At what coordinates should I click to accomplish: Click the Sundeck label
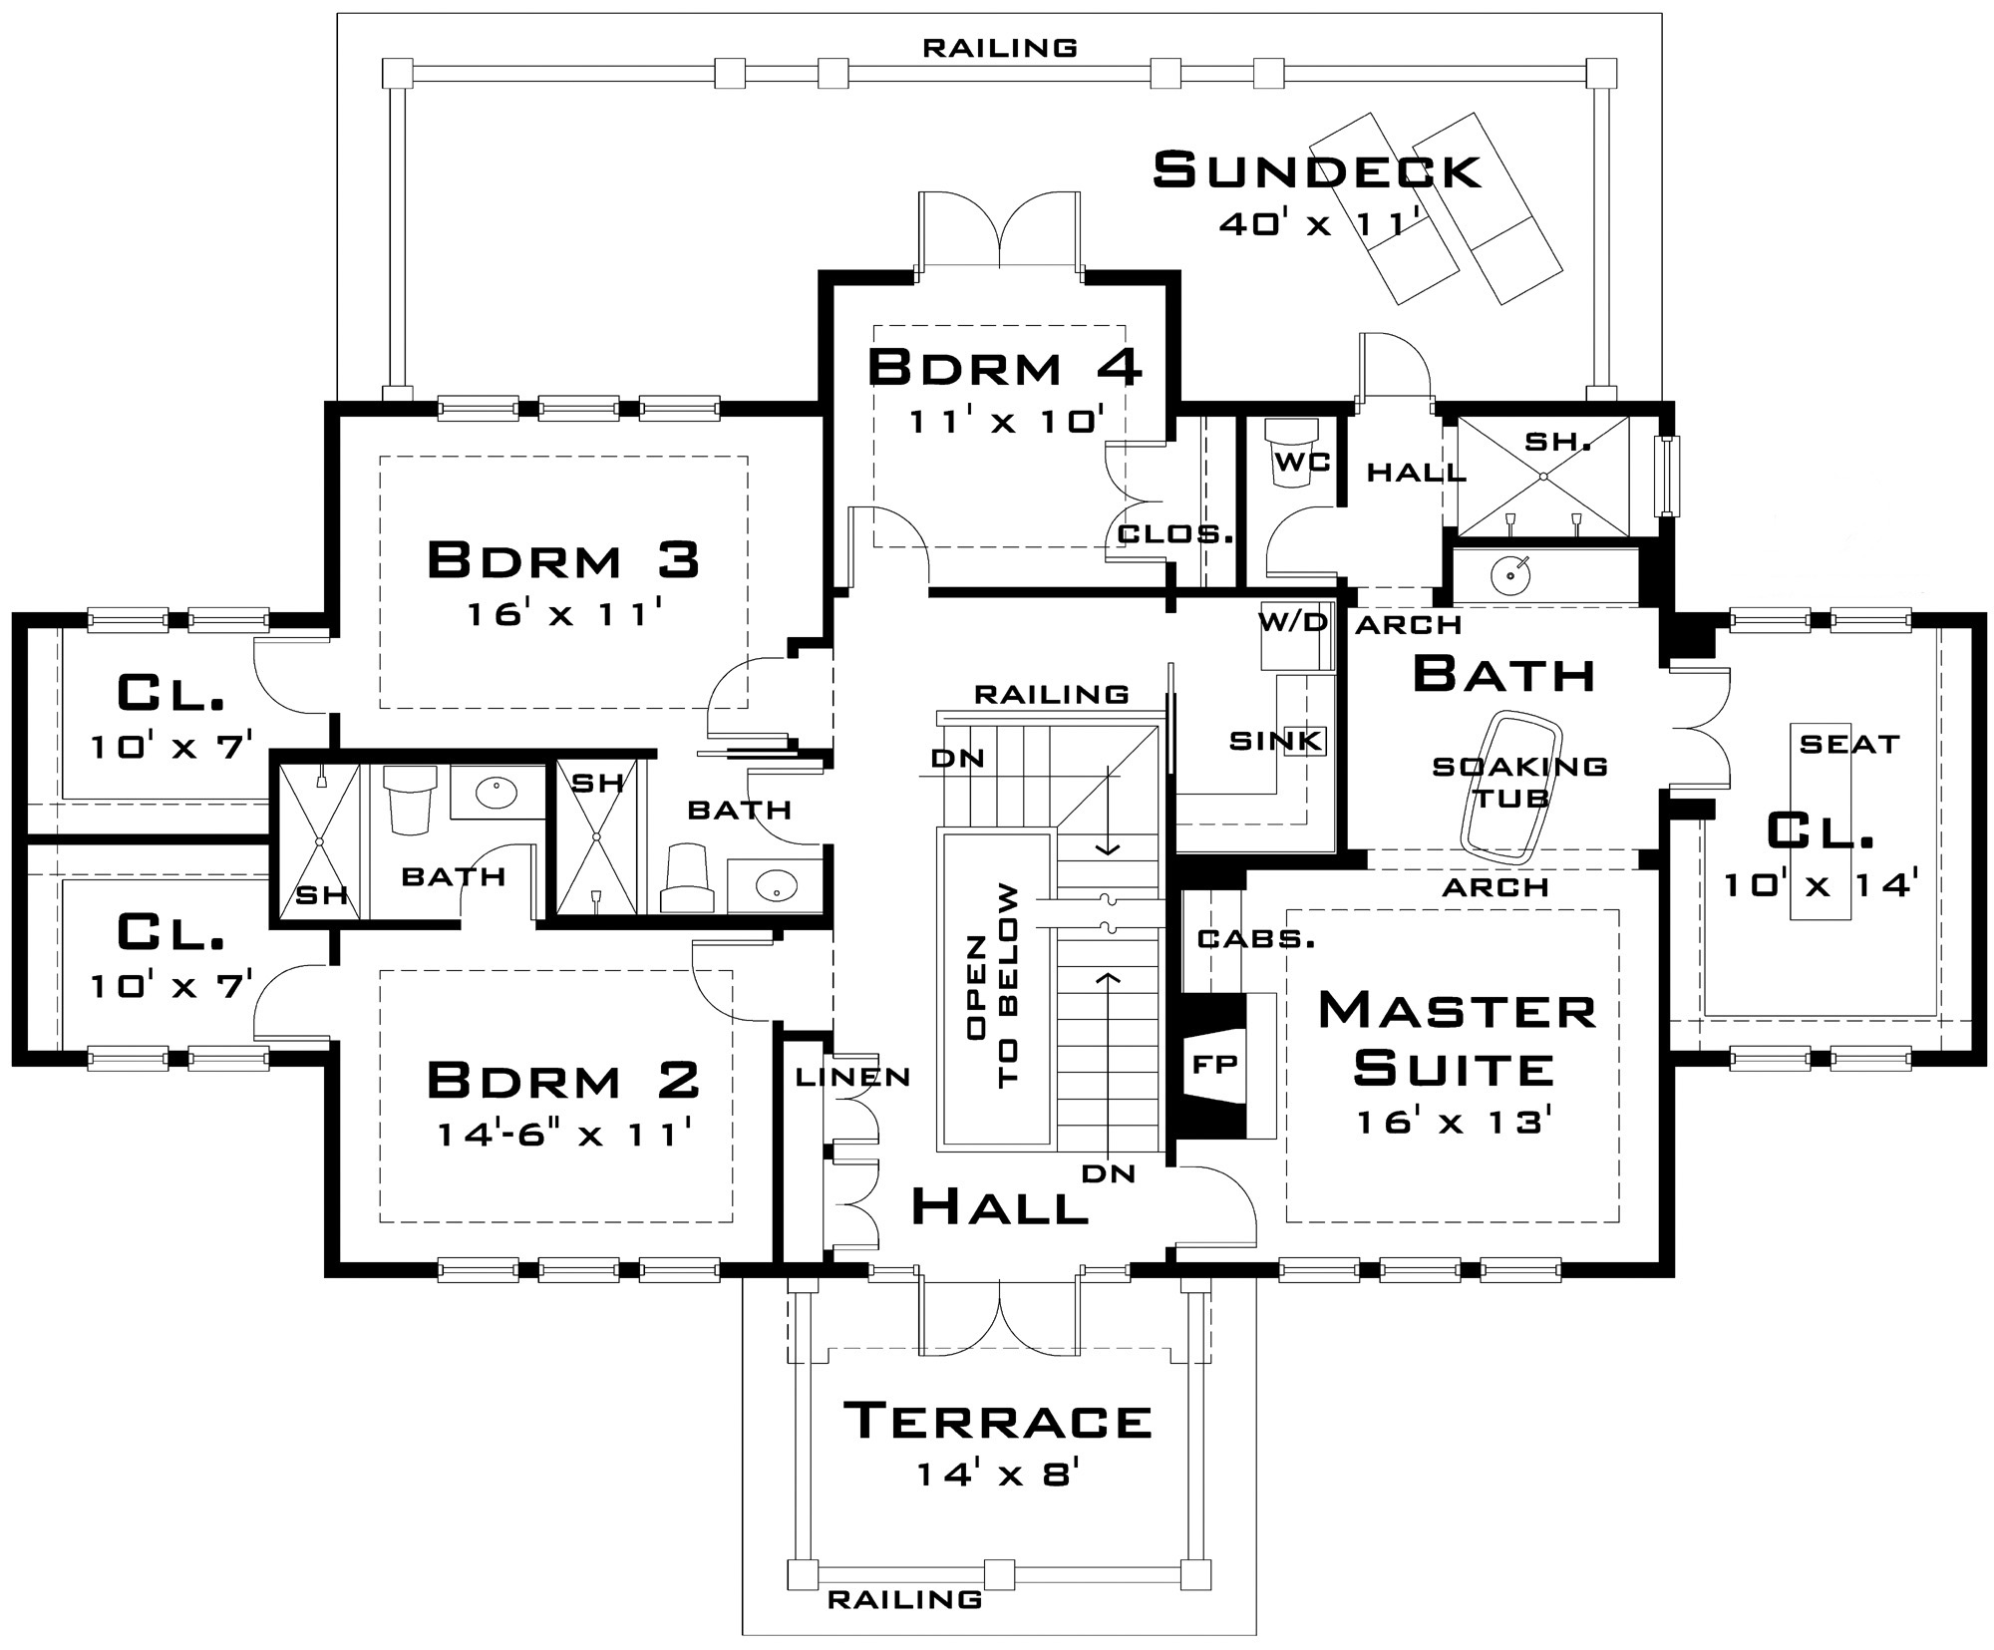(x=1316, y=170)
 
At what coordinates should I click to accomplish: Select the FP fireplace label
(x=1215, y=1064)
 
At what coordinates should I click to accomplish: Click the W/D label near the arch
(x=1293, y=623)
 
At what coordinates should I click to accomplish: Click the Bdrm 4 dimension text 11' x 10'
(x=1005, y=422)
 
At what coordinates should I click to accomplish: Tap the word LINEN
(x=852, y=1077)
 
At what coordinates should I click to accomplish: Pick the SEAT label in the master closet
(x=1849, y=744)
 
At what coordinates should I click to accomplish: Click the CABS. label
(x=1255, y=939)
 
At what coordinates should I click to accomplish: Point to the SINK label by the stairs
(x=1275, y=741)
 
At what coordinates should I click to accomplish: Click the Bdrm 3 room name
(x=563, y=560)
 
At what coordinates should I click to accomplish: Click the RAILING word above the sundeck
(x=999, y=48)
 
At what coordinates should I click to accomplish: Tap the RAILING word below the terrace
(x=904, y=1600)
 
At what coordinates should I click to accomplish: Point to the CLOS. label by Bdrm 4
(x=1175, y=534)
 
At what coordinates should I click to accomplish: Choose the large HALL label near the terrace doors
(x=999, y=1208)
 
